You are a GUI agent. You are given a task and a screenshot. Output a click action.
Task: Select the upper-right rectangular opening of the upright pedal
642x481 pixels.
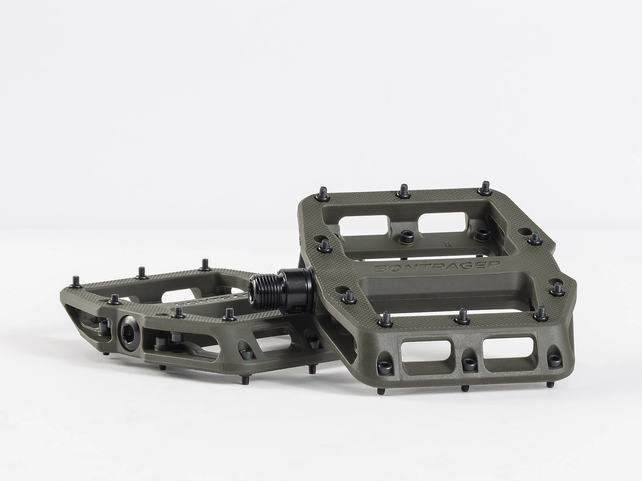[x=440, y=221]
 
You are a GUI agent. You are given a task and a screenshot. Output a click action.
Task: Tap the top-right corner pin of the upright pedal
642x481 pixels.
[x=484, y=188]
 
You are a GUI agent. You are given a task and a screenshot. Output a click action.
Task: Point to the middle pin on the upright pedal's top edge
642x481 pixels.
[x=403, y=190]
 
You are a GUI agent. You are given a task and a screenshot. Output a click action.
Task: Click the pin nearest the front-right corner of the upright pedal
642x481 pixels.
[x=540, y=313]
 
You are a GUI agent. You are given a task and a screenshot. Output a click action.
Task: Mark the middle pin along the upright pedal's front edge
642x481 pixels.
[x=462, y=317]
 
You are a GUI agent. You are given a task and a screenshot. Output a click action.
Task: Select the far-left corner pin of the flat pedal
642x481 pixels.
[x=75, y=283]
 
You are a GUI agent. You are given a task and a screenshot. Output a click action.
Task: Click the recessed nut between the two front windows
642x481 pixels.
[x=469, y=361]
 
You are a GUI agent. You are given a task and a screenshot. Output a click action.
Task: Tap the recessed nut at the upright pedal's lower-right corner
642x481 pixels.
[x=554, y=358]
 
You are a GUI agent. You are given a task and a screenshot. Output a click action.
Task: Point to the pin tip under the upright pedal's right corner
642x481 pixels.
[x=548, y=383]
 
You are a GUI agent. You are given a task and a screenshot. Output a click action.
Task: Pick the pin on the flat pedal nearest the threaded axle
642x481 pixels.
[x=229, y=314]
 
